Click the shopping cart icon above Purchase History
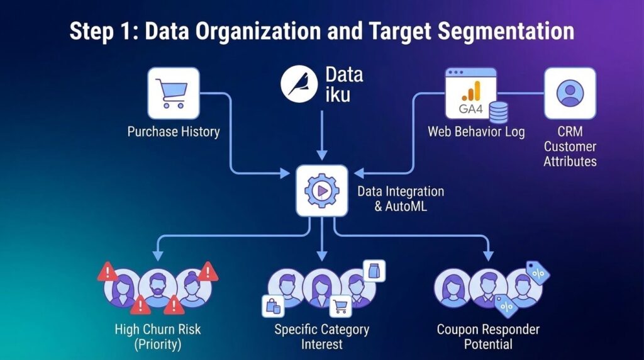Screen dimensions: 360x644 tap(173, 93)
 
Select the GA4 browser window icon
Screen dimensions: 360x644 tap(470, 93)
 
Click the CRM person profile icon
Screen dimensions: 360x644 tap(570, 93)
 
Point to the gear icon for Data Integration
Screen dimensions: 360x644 tap(321, 190)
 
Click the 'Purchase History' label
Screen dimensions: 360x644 tap(174, 132)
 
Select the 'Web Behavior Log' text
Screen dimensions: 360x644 tap(476, 132)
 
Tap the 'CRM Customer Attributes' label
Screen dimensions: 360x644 tap(570, 147)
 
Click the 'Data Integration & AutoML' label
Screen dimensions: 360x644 tap(401, 198)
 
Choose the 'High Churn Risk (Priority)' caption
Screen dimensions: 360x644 tap(158, 336)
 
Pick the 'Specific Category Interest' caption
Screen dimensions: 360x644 tap(321, 336)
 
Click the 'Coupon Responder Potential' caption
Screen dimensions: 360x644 tap(488, 336)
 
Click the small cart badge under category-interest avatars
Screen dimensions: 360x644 tap(341, 307)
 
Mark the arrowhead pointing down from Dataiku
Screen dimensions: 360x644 tap(321, 154)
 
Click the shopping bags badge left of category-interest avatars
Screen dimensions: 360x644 tap(273, 307)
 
